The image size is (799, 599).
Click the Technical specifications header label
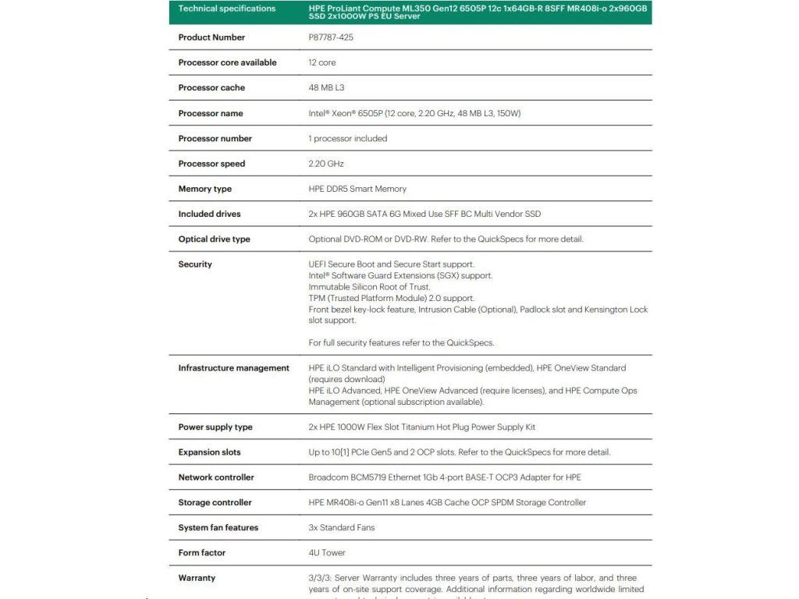(227, 9)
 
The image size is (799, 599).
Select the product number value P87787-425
(331, 37)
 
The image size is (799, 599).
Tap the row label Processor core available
(227, 62)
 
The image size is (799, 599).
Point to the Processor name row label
(210, 113)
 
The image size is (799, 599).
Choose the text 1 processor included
(348, 139)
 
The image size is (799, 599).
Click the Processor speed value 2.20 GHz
(326, 164)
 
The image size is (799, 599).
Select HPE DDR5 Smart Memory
(357, 189)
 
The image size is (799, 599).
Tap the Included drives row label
(209, 214)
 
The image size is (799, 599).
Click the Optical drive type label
(214, 239)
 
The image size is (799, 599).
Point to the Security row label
(195, 264)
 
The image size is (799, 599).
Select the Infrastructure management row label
(233, 368)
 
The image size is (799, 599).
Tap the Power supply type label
(215, 427)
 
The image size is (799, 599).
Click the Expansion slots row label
(209, 452)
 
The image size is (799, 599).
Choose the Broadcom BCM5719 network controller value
(445, 477)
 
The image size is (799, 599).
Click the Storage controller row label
(216, 503)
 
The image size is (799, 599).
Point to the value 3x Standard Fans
(342, 528)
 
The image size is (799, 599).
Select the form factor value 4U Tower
(327, 553)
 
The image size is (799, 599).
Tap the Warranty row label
(197, 578)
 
